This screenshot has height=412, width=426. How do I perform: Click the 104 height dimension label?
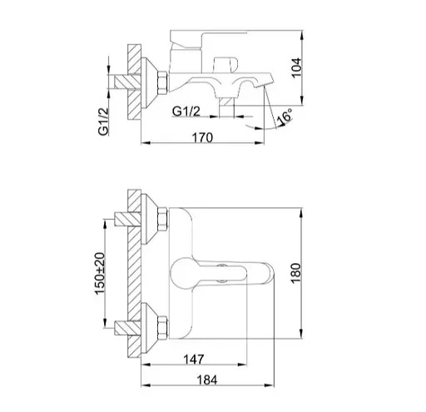point(297,68)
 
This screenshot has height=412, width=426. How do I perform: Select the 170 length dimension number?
point(202,137)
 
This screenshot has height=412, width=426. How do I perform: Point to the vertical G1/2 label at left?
point(103,122)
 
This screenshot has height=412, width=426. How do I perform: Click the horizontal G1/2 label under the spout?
point(186,112)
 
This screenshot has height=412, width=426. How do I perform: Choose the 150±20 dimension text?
point(100,273)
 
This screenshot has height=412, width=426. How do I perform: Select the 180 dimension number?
point(296,273)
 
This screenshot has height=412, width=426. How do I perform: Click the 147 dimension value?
point(194,360)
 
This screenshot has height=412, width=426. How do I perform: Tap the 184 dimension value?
point(207,380)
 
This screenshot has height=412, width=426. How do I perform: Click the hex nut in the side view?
point(162,82)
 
